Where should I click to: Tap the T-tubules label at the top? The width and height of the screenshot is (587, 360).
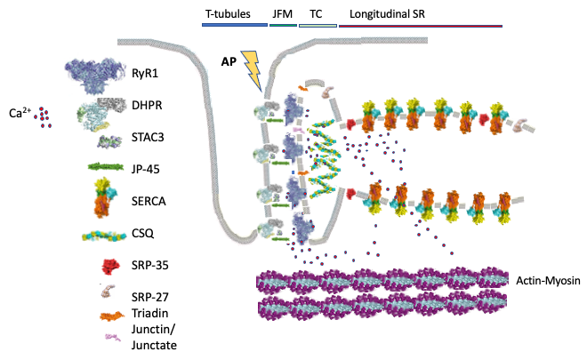pos(226,14)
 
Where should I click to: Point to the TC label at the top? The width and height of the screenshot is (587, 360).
pos(316,14)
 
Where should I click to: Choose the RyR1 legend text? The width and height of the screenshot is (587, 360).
pos(158,75)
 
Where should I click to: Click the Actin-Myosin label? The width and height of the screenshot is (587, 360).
pos(548,282)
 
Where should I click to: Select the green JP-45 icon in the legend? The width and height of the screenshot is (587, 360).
pos(105,166)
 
